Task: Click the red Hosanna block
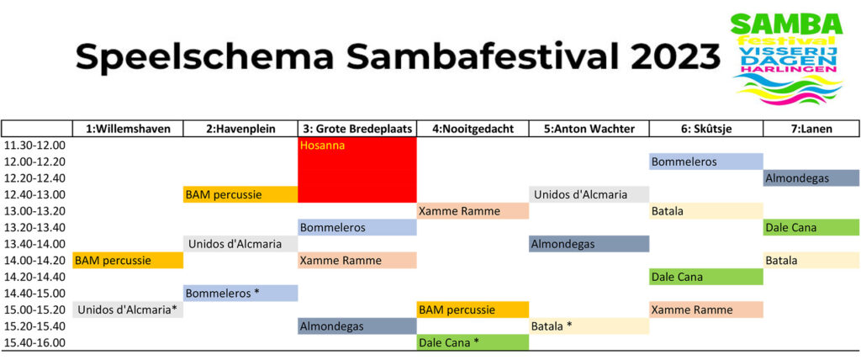click(357, 170)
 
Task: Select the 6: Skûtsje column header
click(706, 130)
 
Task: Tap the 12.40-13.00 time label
click(34, 194)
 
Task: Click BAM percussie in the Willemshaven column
click(128, 260)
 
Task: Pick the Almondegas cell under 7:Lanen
click(811, 178)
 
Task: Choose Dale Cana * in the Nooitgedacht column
click(473, 342)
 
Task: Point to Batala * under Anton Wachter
click(589, 326)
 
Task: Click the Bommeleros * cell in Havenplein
click(240, 293)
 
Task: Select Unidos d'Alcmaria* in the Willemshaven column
click(128, 310)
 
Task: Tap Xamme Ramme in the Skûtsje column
click(706, 310)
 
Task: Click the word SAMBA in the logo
click(786, 24)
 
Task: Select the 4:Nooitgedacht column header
click(473, 130)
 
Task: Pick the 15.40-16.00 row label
click(34, 343)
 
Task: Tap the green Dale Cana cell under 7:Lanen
click(811, 227)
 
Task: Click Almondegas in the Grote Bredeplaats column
click(357, 326)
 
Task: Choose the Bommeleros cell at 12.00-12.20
click(706, 161)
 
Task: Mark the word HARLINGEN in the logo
click(787, 70)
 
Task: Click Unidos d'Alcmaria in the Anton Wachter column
click(589, 194)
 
